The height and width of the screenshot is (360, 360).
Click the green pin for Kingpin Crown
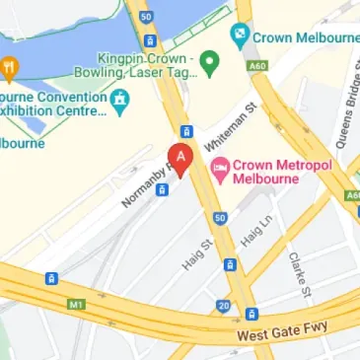pyautogui.click(x=208, y=64)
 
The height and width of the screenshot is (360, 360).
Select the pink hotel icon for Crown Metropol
pyautogui.click(x=220, y=169)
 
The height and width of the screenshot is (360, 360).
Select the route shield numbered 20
pyautogui.click(x=225, y=306)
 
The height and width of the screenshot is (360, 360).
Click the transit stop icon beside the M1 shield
pyautogui.click(x=50, y=280)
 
